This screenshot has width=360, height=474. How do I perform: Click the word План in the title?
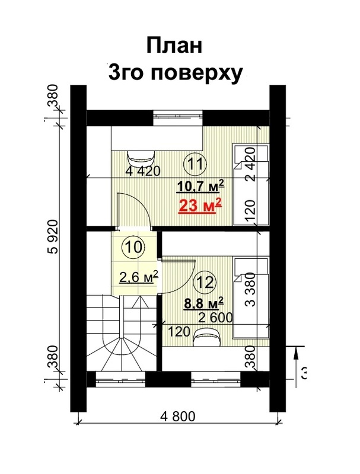174,46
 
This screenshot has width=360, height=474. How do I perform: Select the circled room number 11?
195,164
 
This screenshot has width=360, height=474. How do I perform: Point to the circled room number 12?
205,283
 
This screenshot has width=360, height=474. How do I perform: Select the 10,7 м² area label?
200,185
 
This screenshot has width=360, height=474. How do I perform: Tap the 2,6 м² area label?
139,277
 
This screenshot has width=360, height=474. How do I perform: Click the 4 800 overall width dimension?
178,417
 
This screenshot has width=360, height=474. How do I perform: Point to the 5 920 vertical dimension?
53,236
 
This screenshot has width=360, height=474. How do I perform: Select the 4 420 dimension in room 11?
143,171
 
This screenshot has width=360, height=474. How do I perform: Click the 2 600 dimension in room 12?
215,318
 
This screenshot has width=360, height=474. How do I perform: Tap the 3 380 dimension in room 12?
251,289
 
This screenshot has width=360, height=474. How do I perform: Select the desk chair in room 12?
206,338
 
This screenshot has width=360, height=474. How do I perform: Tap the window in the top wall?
177,118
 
